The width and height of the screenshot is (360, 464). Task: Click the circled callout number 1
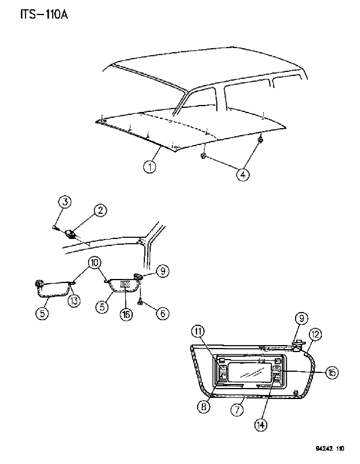150,166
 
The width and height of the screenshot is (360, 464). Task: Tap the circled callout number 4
242,175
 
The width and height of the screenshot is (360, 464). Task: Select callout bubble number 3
65,202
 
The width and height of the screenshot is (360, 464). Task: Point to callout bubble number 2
100,211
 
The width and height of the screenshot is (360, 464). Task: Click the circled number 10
94,263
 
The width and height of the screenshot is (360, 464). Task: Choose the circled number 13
74,300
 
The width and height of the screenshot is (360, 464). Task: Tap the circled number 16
126,314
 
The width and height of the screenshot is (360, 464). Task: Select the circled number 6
163,313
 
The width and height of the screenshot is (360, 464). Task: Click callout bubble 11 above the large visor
198,331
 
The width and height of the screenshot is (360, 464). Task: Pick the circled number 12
315,335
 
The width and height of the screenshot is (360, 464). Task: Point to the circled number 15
332,372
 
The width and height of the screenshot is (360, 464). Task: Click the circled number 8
203,407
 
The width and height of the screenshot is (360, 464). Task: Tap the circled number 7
237,410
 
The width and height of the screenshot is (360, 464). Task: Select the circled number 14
261,425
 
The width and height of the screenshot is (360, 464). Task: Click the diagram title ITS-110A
44,14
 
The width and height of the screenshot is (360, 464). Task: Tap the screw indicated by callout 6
140,302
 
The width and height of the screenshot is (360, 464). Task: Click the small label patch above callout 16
125,284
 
